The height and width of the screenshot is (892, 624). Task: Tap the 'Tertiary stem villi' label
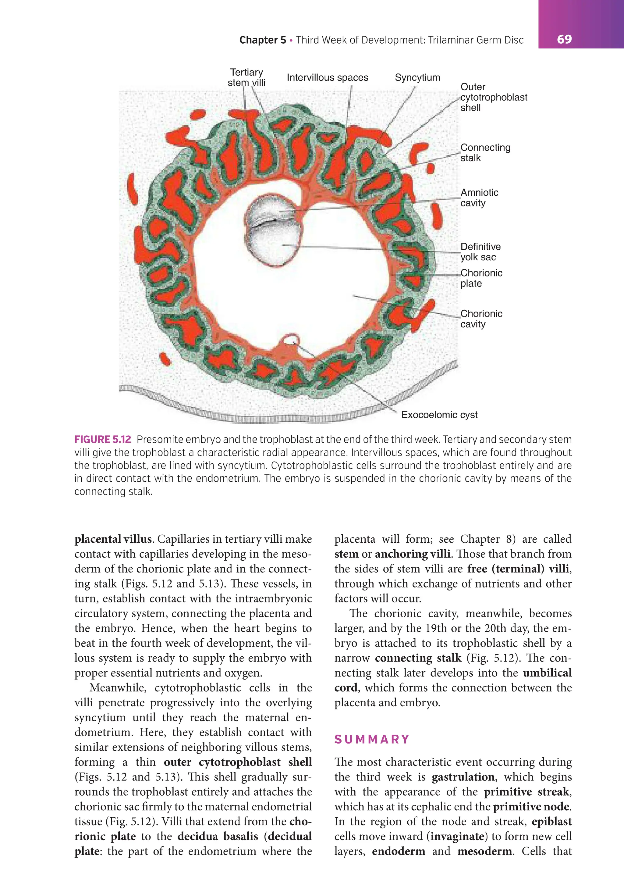(x=246, y=77)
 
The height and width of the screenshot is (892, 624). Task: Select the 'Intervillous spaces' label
(x=327, y=77)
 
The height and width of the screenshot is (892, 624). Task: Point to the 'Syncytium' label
(x=417, y=77)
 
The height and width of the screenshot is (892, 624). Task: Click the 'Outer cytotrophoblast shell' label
(x=494, y=97)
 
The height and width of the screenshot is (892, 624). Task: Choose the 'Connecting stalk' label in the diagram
(x=485, y=153)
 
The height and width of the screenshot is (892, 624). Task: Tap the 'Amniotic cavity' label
(x=479, y=198)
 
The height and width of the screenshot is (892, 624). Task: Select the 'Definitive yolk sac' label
(x=480, y=252)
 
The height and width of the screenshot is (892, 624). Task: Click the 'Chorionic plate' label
(x=481, y=278)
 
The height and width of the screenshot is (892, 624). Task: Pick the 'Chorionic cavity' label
(x=481, y=319)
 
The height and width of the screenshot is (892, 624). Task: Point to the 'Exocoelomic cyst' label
(x=439, y=415)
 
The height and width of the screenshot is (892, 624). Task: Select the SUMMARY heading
(x=372, y=739)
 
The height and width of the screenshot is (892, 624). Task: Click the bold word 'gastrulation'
(x=463, y=777)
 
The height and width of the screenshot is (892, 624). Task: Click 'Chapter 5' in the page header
(x=263, y=40)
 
